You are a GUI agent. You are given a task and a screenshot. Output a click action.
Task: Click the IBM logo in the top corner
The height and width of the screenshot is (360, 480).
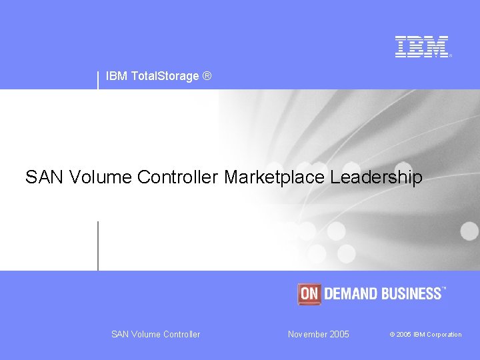[x=423, y=47]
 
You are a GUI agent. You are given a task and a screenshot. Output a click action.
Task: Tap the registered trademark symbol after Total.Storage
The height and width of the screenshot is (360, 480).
[x=207, y=77]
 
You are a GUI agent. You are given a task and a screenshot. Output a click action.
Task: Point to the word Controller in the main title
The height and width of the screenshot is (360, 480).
[x=178, y=177]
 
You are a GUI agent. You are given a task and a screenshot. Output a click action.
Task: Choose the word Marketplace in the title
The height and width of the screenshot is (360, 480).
[x=274, y=177]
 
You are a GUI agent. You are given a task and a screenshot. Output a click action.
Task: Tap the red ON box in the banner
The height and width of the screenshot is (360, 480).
[x=309, y=293]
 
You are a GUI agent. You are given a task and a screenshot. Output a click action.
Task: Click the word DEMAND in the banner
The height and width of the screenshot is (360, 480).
[x=351, y=293]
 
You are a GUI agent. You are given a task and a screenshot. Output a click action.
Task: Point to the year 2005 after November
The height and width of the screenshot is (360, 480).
[x=339, y=334]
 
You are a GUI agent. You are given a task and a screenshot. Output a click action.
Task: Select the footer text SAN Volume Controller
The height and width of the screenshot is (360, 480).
[x=155, y=334]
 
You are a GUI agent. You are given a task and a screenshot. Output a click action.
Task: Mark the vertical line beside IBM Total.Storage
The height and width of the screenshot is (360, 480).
[x=98, y=79]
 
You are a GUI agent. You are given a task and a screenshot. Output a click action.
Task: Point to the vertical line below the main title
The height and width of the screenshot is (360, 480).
[x=98, y=245]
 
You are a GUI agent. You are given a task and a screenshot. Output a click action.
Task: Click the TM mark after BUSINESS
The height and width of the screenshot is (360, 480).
[x=445, y=289]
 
